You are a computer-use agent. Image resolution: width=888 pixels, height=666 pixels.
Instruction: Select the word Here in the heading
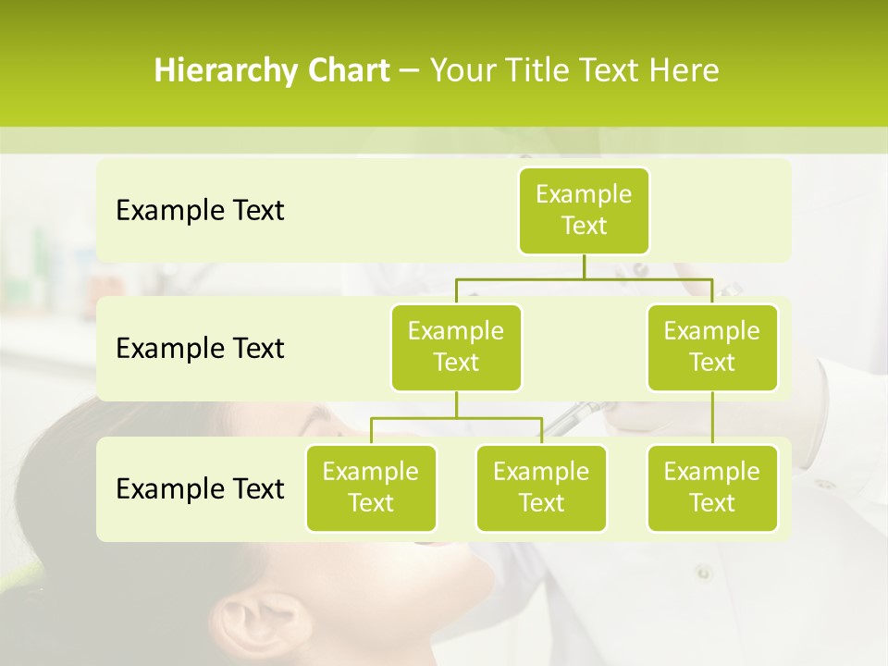point(684,70)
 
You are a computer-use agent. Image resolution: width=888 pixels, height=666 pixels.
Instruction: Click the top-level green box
point(584,210)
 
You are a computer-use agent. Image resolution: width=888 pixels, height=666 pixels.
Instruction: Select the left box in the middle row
point(456,347)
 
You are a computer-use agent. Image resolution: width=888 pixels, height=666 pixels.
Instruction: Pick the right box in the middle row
point(712,347)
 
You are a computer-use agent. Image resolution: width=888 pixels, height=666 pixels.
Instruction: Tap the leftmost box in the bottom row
point(371,487)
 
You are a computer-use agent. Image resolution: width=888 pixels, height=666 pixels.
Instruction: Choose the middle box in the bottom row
point(541,487)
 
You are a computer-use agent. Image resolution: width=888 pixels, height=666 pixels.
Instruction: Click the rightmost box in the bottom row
point(712,487)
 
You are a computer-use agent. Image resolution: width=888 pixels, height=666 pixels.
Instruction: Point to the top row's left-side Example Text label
point(200,211)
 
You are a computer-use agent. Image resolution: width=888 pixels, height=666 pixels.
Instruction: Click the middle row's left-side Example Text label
point(200,349)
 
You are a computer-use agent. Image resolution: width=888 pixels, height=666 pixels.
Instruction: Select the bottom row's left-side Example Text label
point(200,488)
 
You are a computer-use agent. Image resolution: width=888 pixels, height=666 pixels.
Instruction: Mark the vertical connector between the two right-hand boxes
point(712,418)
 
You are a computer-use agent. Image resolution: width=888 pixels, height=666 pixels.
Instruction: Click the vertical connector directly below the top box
point(584,266)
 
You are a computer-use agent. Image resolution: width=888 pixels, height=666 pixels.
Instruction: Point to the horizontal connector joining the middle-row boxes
point(584,278)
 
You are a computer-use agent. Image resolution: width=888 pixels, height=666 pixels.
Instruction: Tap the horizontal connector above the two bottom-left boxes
point(456,419)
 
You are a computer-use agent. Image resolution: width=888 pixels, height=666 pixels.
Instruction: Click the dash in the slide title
point(410,71)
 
